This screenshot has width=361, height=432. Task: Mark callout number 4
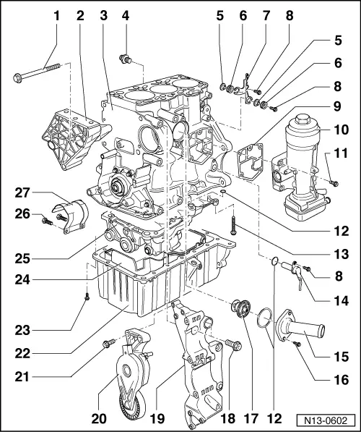tap(125, 14)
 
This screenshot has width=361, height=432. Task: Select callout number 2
tap(80, 14)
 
